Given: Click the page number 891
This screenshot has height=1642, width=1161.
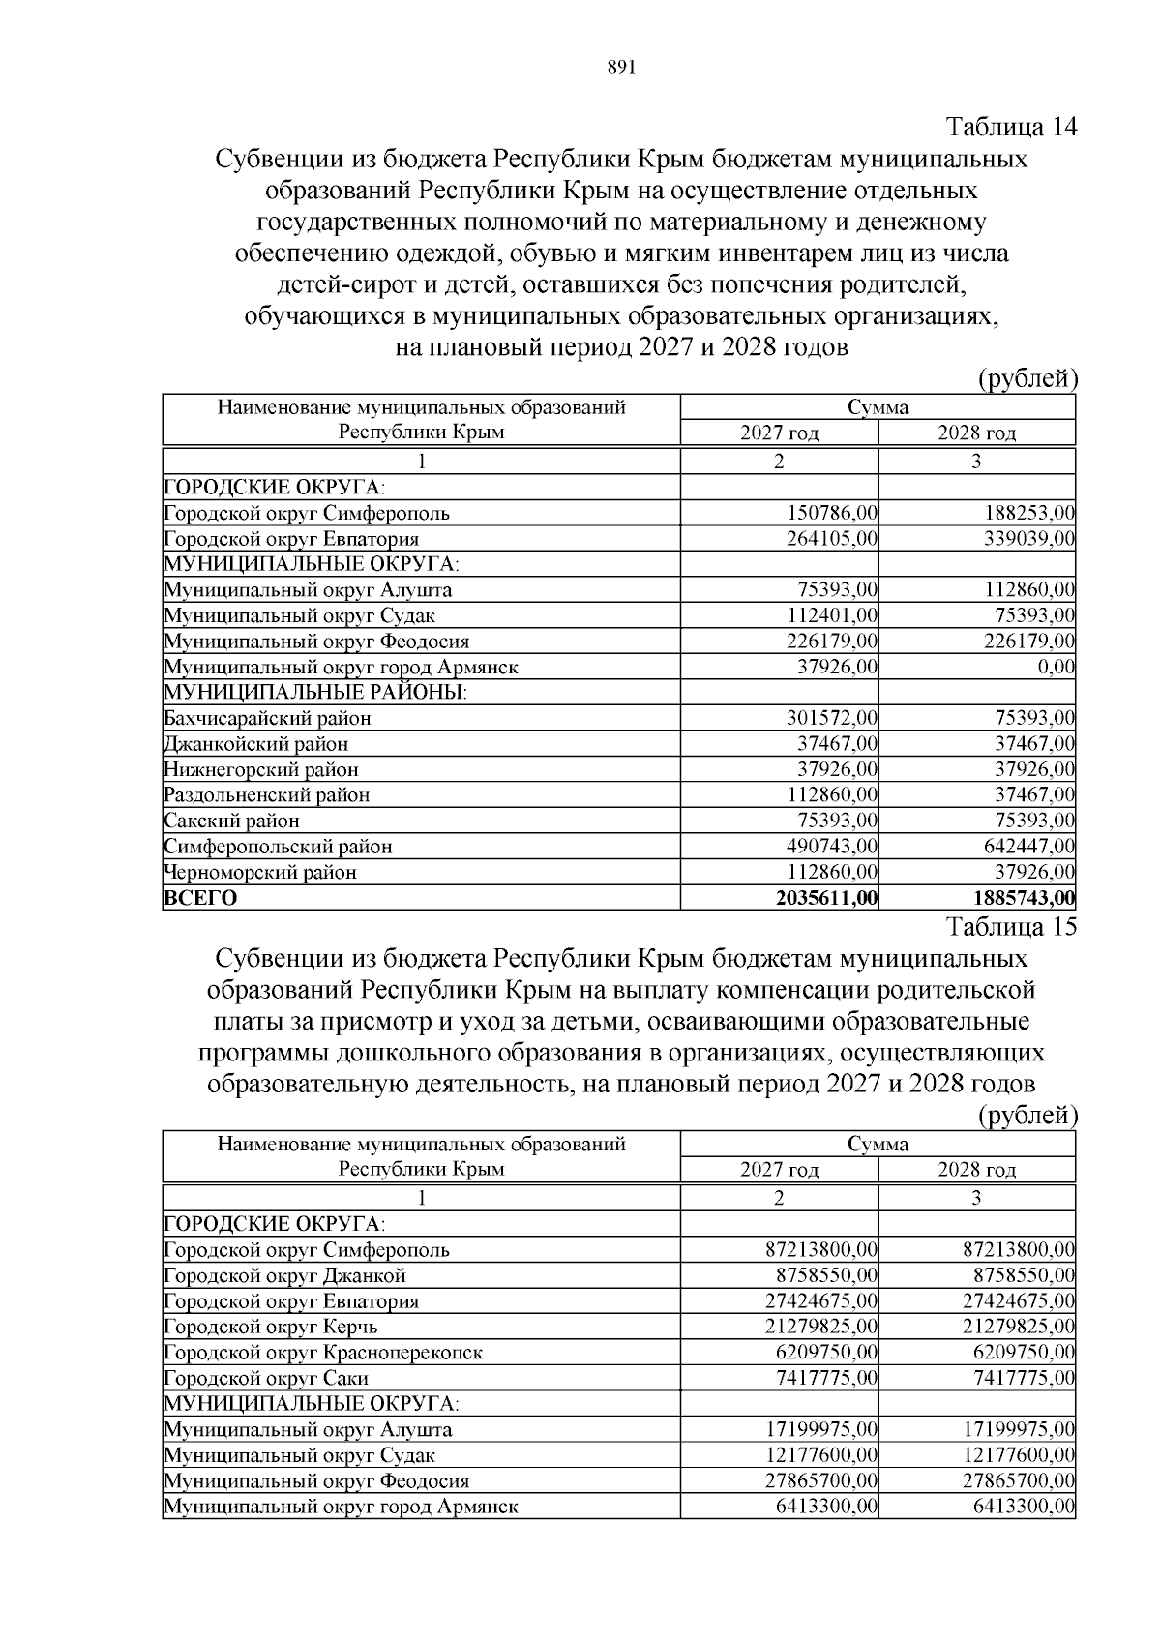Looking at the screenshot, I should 620,67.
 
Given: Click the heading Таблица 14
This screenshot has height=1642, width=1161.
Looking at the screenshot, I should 1011,128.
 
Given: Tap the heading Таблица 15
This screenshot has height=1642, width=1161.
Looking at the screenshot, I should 1011,927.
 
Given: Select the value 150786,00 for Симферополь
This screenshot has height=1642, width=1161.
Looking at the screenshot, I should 828,513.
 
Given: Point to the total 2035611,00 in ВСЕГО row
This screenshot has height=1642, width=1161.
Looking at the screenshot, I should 826,898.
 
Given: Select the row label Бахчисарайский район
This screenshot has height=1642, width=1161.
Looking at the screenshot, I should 268,718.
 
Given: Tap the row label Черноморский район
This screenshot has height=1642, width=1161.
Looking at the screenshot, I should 260,872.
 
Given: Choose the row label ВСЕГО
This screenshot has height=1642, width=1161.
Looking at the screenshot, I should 201,898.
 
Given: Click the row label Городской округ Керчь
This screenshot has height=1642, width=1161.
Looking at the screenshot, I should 271,1327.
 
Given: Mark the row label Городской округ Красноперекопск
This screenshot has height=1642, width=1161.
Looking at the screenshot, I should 323,1352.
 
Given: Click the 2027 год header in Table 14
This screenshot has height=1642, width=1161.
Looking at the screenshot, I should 779,433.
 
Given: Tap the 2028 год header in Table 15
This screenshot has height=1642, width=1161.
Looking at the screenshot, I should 976,1170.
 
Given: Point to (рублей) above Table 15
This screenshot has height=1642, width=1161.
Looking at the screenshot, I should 1027,1116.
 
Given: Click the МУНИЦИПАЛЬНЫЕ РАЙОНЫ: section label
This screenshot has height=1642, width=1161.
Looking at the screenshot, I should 315,693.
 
